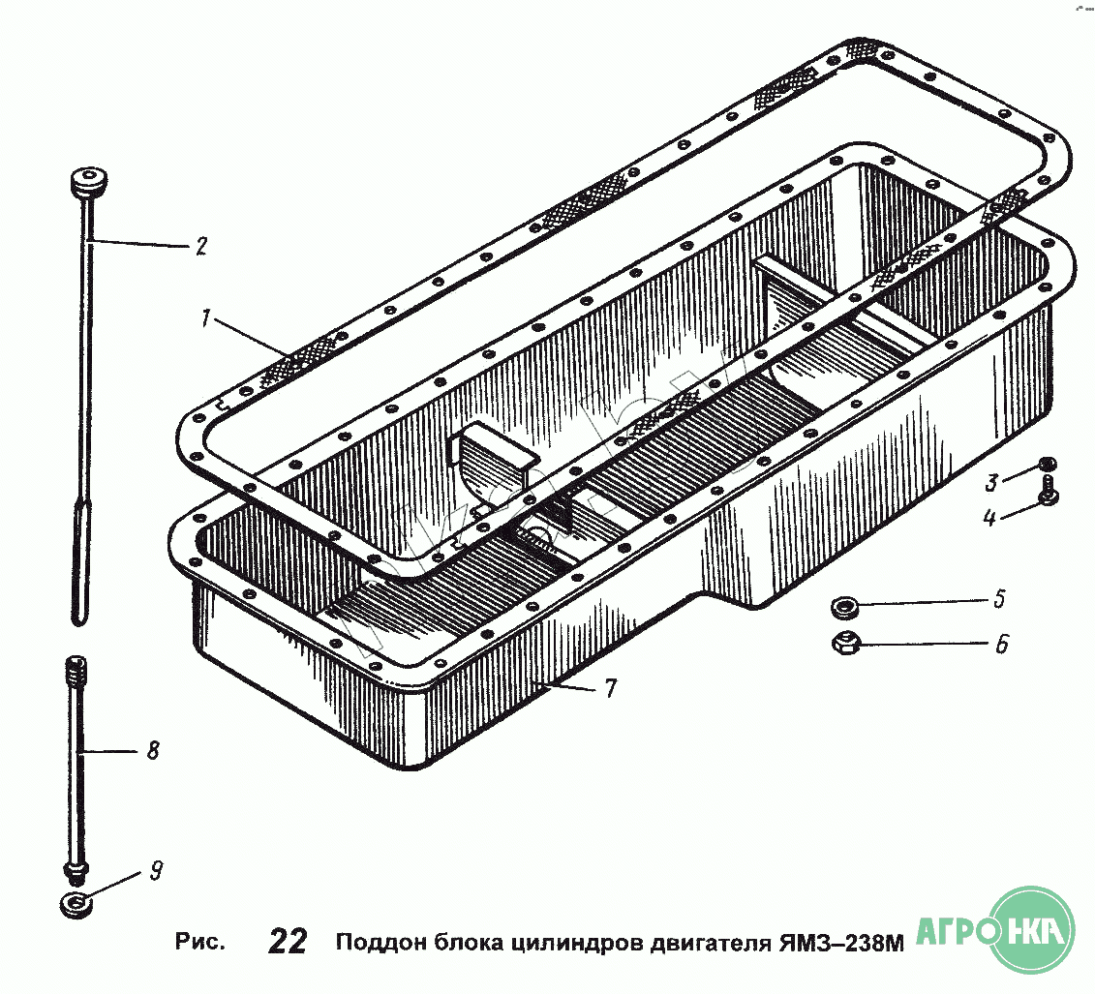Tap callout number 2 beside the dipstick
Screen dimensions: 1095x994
click(x=199, y=246)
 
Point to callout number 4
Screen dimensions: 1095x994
click(x=989, y=517)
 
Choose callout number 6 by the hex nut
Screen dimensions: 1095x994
click(x=1001, y=643)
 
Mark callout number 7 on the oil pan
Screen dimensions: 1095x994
click(x=609, y=688)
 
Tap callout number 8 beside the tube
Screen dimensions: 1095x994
click(x=152, y=750)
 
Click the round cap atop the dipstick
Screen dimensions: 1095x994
click(x=88, y=182)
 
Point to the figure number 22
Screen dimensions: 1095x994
click(x=289, y=941)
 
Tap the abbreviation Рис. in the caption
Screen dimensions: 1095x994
click(x=199, y=942)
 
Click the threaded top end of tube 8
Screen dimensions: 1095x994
click(x=76, y=668)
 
